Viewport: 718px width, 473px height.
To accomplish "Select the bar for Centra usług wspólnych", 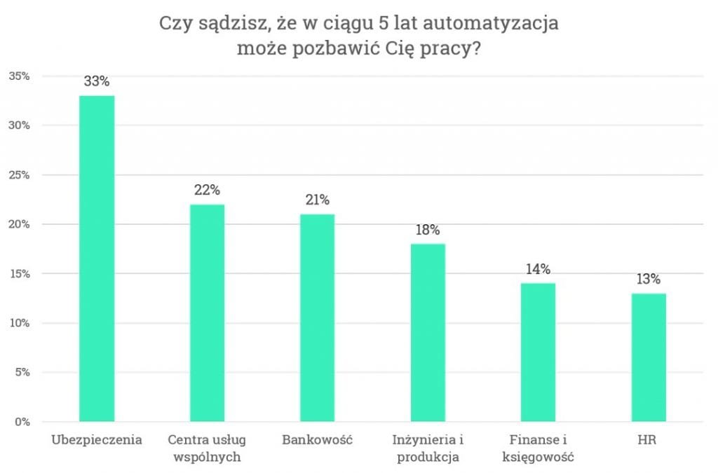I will coord(207,313).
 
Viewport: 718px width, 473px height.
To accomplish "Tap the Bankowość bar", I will coord(317,317).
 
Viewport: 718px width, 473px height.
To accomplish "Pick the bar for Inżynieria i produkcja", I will coord(428,332).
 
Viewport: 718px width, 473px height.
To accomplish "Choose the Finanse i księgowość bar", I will coord(538,352).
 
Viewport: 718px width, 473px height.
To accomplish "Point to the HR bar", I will coord(649,357).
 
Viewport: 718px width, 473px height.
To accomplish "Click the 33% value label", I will coord(97,81).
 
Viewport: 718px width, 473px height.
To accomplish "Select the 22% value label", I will coord(207,190).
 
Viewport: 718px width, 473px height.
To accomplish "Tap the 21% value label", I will coord(317,200).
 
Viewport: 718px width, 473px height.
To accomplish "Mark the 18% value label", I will coord(428,229).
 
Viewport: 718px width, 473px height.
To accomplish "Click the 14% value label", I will coord(538,268).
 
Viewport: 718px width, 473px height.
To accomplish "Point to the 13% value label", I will coord(649,279).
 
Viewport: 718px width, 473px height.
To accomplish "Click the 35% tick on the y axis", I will coord(19,76).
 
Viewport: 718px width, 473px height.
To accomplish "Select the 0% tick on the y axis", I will coord(22,422).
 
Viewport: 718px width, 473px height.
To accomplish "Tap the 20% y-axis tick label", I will coord(19,224).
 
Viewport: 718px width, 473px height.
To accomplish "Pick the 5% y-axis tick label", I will coord(22,372).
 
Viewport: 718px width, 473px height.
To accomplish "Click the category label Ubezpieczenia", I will coord(97,441).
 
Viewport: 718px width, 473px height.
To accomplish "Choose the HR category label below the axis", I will coord(649,441).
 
